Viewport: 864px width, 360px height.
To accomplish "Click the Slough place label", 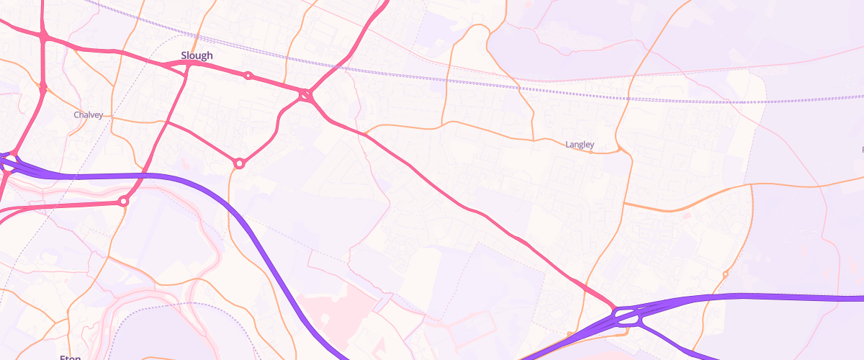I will pyautogui.click(x=197, y=55).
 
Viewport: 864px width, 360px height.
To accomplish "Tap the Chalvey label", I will pyautogui.click(x=89, y=115).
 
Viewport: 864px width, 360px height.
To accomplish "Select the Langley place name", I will pyautogui.click(x=580, y=145).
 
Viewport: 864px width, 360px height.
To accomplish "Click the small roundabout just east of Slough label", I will pyautogui.click(x=248, y=76).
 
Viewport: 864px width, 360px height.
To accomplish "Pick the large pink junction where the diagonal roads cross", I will pyautogui.click(x=307, y=94).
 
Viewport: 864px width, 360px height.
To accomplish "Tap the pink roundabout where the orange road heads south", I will pyautogui.click(x=239, y=163).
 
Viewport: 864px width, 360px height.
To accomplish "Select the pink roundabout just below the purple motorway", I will pyautogui.click(x=123, y=202).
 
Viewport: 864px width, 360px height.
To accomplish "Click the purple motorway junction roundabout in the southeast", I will pyautogui.click(x=626, y=317).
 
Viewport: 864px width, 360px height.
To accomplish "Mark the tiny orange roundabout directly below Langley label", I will pyautogui.click(x=591, y=153).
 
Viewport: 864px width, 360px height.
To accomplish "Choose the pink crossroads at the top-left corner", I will pyautogui.click(x=44, y=35).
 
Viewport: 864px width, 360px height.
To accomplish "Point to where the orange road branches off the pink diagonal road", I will pyautogui.click(x=365, y=135).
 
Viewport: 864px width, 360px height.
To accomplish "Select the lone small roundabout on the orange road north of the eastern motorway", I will pyautogui.click(x=725, y=274).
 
